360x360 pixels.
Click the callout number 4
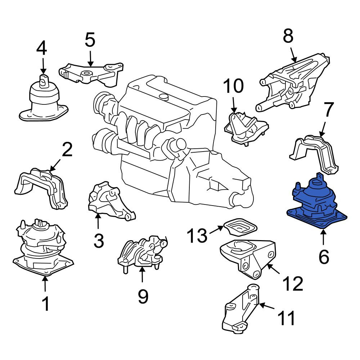pyautogui.click(x=41, y=49)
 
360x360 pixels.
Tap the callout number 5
pyautogui.click(x=90, y=40)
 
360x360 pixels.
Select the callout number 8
pyautogui.click(x=288, y=36)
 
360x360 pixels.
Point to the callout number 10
pyautogui.click(x=234, y=86)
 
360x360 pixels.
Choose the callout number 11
pyautogui.click(x=286, y=318)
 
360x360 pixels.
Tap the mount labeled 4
pyautogui.click(x=44, y=98)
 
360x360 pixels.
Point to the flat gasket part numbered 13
pyautogui.click(x=240, y=227)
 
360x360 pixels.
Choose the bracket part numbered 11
pyautogui.click(x=241, y=308)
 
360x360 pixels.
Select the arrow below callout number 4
pyautogui.click(x=43, y=66)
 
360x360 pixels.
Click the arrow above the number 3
pyautogui.click(x=98, y=221)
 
